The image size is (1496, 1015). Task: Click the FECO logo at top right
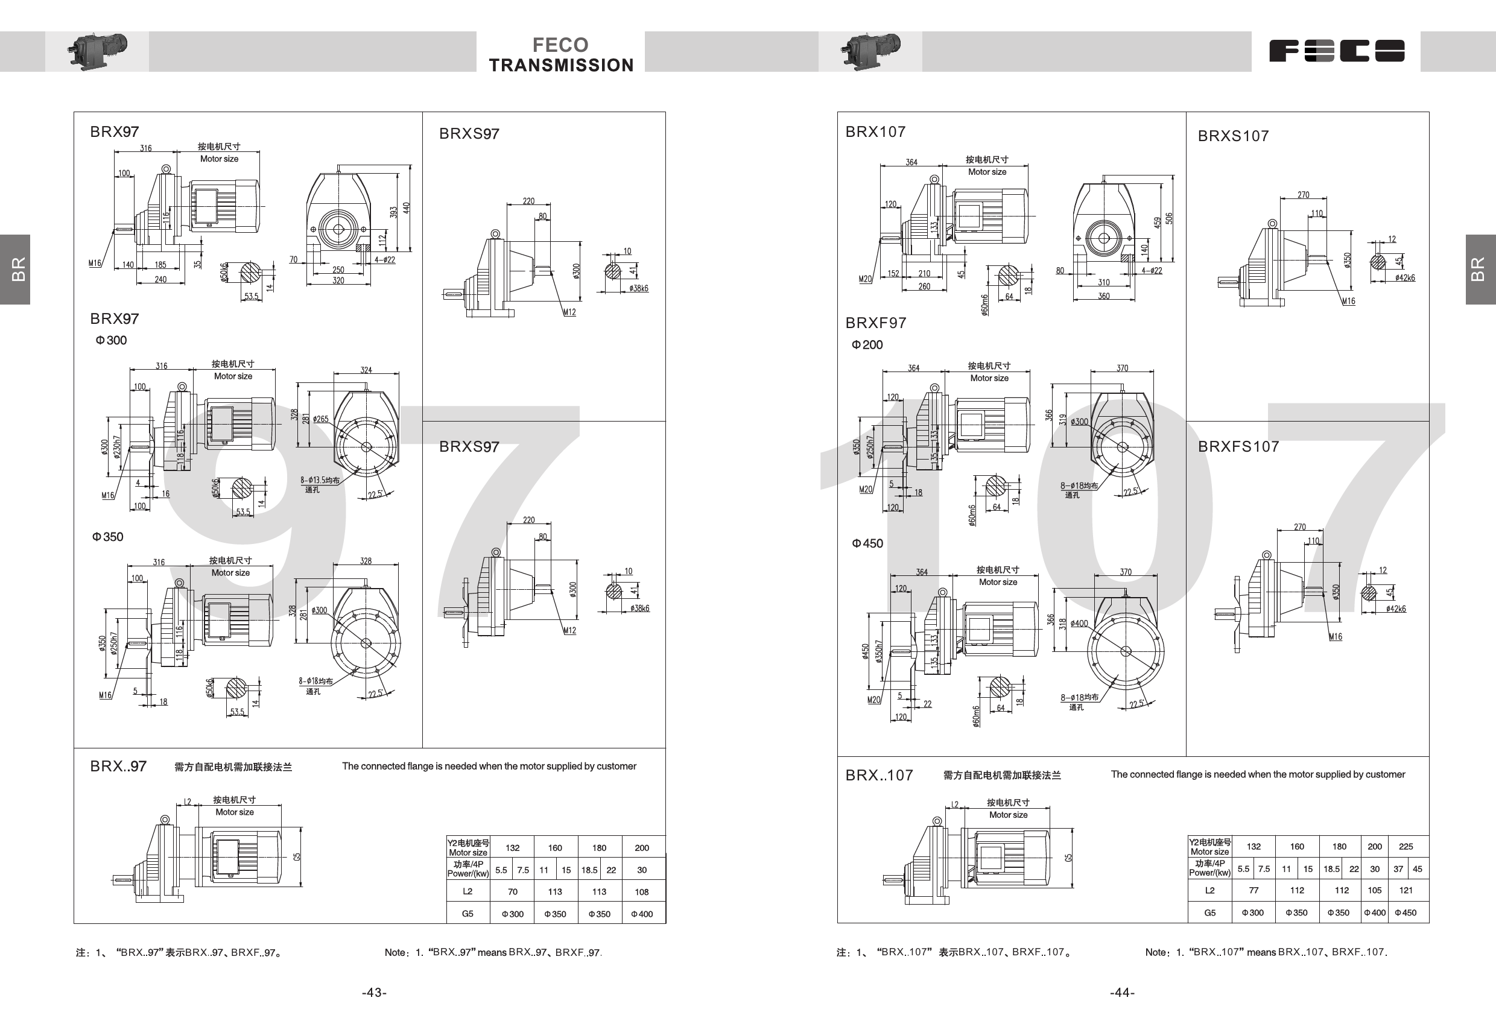[x=1336, y=51]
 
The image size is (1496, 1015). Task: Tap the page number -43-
[x=374, y=993]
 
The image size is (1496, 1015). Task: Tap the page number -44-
[x=1122, y=993]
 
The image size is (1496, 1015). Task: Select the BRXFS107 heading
[x=1238, y=447]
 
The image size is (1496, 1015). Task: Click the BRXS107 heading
[x=1233, y=136]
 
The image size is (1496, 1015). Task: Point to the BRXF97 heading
[x=875, y=323]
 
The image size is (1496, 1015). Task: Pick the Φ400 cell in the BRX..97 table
[x=642, y=914]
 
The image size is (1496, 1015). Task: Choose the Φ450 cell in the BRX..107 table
[x=1406, y=912]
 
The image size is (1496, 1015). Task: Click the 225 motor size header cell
[x=1406, y=846]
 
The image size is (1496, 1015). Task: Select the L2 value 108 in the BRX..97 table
[x=642, y=892]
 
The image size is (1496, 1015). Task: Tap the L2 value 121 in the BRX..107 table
[x=1406, y=890]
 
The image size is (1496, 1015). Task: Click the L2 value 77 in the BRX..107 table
[x=1254, y=890]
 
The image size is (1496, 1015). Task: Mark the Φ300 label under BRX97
[x=112, y=341]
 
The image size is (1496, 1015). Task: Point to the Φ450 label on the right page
[x=867, y=543]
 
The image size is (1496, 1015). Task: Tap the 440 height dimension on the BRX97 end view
[x=406, y=208]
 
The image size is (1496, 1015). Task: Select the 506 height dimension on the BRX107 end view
[x=1169, y=218]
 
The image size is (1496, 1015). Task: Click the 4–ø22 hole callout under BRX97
[x=385, y=259]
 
